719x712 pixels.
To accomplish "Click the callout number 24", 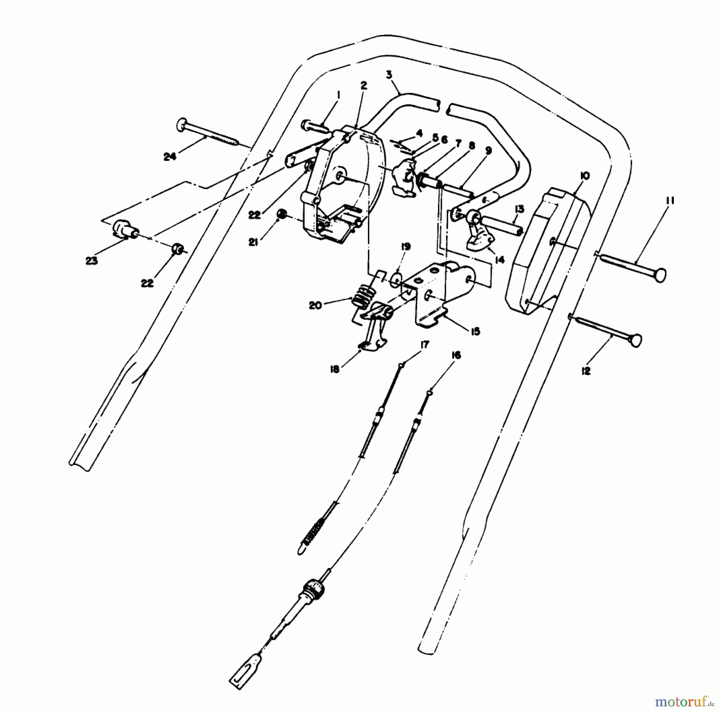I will point(170,157).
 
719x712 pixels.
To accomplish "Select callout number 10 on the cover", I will point(586,176).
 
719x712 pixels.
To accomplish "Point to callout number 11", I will point(670,201).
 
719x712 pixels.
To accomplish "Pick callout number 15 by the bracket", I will point(475,331).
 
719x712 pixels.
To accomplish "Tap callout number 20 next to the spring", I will point(315,305).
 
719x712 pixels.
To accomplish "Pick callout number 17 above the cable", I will point(424,345).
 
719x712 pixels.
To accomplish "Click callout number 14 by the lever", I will point(499,260).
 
